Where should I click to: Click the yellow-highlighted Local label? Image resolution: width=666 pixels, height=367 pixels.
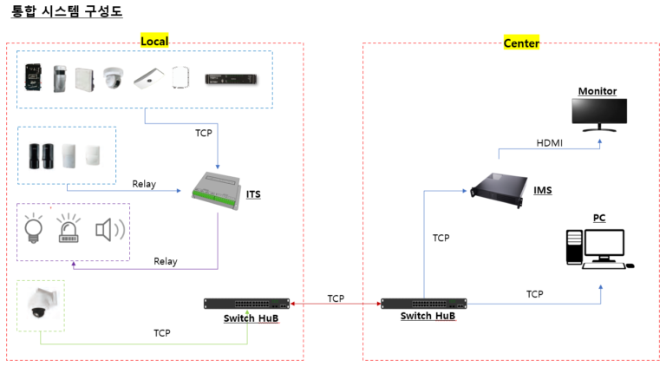click(x=154, y=41)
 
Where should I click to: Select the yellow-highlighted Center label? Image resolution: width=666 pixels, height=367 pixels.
click(x=521, y=43)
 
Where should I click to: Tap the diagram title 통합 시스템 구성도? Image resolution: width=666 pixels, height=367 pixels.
click(x=66, y=11)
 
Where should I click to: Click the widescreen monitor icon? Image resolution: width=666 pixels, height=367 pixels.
click(x=601, y=114)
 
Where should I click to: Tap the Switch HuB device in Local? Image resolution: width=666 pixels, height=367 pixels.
click(x=246, y=303)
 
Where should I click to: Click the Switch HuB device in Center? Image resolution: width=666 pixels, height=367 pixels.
click(x=426, y=304)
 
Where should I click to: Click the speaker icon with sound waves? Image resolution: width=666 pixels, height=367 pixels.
click(x=109, y=230)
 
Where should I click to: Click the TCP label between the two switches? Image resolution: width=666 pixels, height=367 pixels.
click(x=336, y=298)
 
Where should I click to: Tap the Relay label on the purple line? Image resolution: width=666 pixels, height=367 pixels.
click(x=166, y=261)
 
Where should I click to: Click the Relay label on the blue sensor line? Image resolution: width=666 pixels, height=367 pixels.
click(x=144, y=184)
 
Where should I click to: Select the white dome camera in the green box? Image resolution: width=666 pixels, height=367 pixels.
click(x=40, y=305)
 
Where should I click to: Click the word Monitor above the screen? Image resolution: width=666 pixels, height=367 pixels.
click(x=597, y=91)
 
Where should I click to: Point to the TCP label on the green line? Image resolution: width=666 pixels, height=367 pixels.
click(x=162, y=332)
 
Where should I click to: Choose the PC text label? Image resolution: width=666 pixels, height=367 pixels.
click(x=598, y=217)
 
